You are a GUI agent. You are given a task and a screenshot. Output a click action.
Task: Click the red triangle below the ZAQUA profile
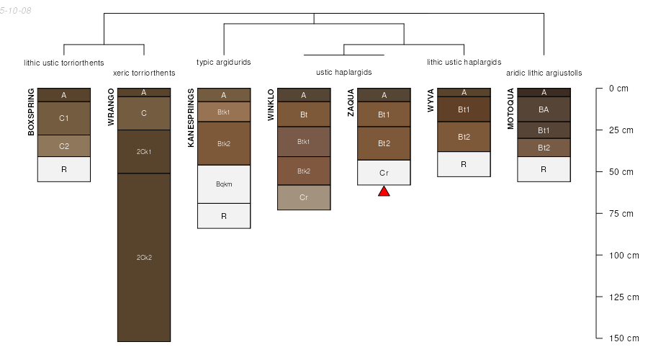pyautogui.click(x=384, y=191)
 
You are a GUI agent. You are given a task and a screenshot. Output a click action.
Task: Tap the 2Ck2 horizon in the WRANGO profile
pyautogui.click(x=144, y=257)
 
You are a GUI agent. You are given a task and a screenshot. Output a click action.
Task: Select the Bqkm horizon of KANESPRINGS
pyautogui.click(x=224, y=184)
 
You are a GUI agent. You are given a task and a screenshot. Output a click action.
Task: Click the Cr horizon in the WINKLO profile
pyautogui.click(x=304, y=197)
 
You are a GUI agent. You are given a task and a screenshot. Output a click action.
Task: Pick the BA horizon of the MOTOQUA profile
pyautogui.click(x=544, y=109)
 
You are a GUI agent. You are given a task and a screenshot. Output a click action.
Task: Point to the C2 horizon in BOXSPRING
pyautogui.click(x=64, y=146)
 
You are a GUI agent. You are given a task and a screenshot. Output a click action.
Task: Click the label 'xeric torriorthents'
pyautogui.click(x=144, y=73)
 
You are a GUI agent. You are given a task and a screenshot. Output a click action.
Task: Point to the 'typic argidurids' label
pyautogui.click(x=224, y=62)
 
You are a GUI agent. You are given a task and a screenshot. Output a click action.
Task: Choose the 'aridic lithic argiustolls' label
pyautogui.click(x=549, y=73)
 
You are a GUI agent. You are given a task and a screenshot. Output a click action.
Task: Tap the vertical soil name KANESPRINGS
pyautogui.click(x=191, y=118)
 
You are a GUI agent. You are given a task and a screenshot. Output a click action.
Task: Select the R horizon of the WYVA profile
pyautogui.click(x=464, y=164)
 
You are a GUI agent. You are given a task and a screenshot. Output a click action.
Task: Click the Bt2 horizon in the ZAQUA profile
pyautogui.click(x=384, y=143)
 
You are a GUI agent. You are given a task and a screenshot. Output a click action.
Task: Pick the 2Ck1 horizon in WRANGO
pyautogui.click(x=144, y=152)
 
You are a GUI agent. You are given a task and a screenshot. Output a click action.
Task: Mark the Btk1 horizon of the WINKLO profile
pyautogui.click(x=304, y=142)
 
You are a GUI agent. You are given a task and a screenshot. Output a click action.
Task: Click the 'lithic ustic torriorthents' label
pyautogui.click(x=64, y=62)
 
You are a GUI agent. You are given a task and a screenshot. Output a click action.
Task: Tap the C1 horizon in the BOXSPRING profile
pyautogui.click(x=64, y=118)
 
